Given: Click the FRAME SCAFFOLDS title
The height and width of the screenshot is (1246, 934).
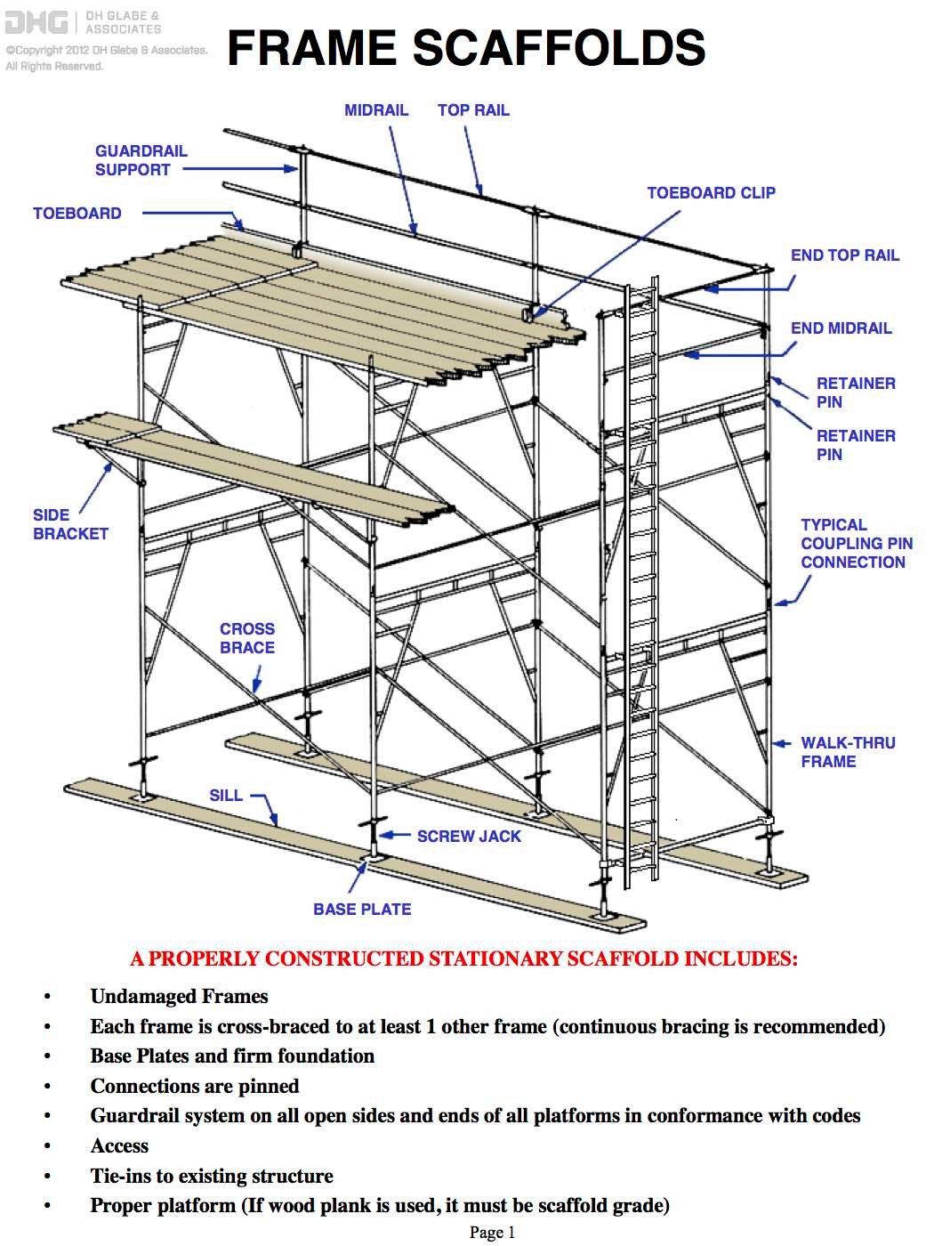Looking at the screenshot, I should coord(466,47).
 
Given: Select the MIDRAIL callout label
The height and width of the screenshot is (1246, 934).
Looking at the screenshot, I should coord(375,110).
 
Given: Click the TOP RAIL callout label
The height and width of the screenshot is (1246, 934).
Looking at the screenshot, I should coord(472,110).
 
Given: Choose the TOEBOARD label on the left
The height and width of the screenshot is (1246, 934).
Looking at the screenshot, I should coord(77,214).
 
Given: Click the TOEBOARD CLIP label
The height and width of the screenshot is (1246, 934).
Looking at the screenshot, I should coord(710,193).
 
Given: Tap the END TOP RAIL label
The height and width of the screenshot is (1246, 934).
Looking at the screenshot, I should coord(844,255).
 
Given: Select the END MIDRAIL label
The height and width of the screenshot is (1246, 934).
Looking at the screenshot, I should coord(841,328).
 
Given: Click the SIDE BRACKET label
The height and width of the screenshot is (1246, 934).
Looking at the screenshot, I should coord(70,524).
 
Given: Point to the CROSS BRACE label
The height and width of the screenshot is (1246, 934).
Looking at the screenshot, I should coord(246,638).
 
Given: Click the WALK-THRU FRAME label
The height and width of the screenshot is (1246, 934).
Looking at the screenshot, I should coord(847,752).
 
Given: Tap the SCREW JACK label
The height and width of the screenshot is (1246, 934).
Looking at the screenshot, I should coord(468,837).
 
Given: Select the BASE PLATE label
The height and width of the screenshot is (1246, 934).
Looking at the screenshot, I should coord(362,910).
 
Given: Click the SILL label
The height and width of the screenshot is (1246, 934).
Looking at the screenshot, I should coord(226,796).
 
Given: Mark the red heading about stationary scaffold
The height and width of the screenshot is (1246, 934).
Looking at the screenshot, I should coord(463,959).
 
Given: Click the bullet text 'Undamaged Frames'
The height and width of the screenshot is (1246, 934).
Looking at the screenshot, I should coord(179,997).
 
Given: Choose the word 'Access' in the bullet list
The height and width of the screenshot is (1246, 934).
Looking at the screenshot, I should coord(119,1146).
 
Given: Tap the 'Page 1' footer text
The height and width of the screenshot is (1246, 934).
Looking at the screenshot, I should coord(492,1233).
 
